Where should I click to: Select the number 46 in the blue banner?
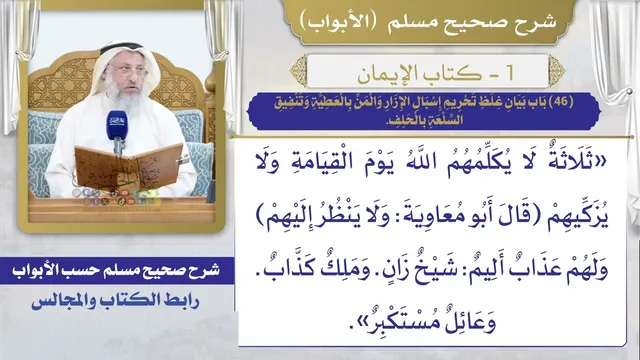pyautogui.click(x=561, y=101)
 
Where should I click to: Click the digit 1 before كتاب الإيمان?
pyautogui.click(x=509, y=72)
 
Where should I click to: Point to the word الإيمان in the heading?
pyautogui.click(x=389, y=73)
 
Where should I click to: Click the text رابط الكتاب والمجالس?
pyautogui.click(x=116, y=301)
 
